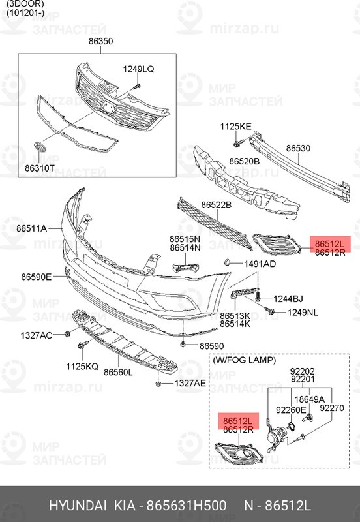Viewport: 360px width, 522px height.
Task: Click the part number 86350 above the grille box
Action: point(101,41)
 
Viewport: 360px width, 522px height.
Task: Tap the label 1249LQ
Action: point(138,69)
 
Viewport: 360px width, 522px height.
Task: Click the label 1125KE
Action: point(235,127)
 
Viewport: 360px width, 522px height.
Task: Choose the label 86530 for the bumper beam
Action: point(299,148)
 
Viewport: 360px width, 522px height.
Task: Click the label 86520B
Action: point(244,161)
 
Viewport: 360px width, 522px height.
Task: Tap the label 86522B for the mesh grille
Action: point(217,205)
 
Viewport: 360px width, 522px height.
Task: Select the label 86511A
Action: point(31,229)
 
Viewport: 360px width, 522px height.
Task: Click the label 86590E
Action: point(37,277)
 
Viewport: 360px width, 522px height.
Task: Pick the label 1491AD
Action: point(260,264)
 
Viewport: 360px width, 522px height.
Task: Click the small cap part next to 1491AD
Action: point(226,262)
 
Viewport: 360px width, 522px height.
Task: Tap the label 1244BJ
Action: point(288,299)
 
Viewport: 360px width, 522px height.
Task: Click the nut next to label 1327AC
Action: point(67,333)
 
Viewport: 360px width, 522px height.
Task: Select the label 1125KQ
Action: point(82,367)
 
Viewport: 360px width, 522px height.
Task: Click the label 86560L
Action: point(118,372)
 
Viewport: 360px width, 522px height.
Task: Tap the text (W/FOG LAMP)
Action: point(244,360)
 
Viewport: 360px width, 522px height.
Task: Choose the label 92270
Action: point(332,408)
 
